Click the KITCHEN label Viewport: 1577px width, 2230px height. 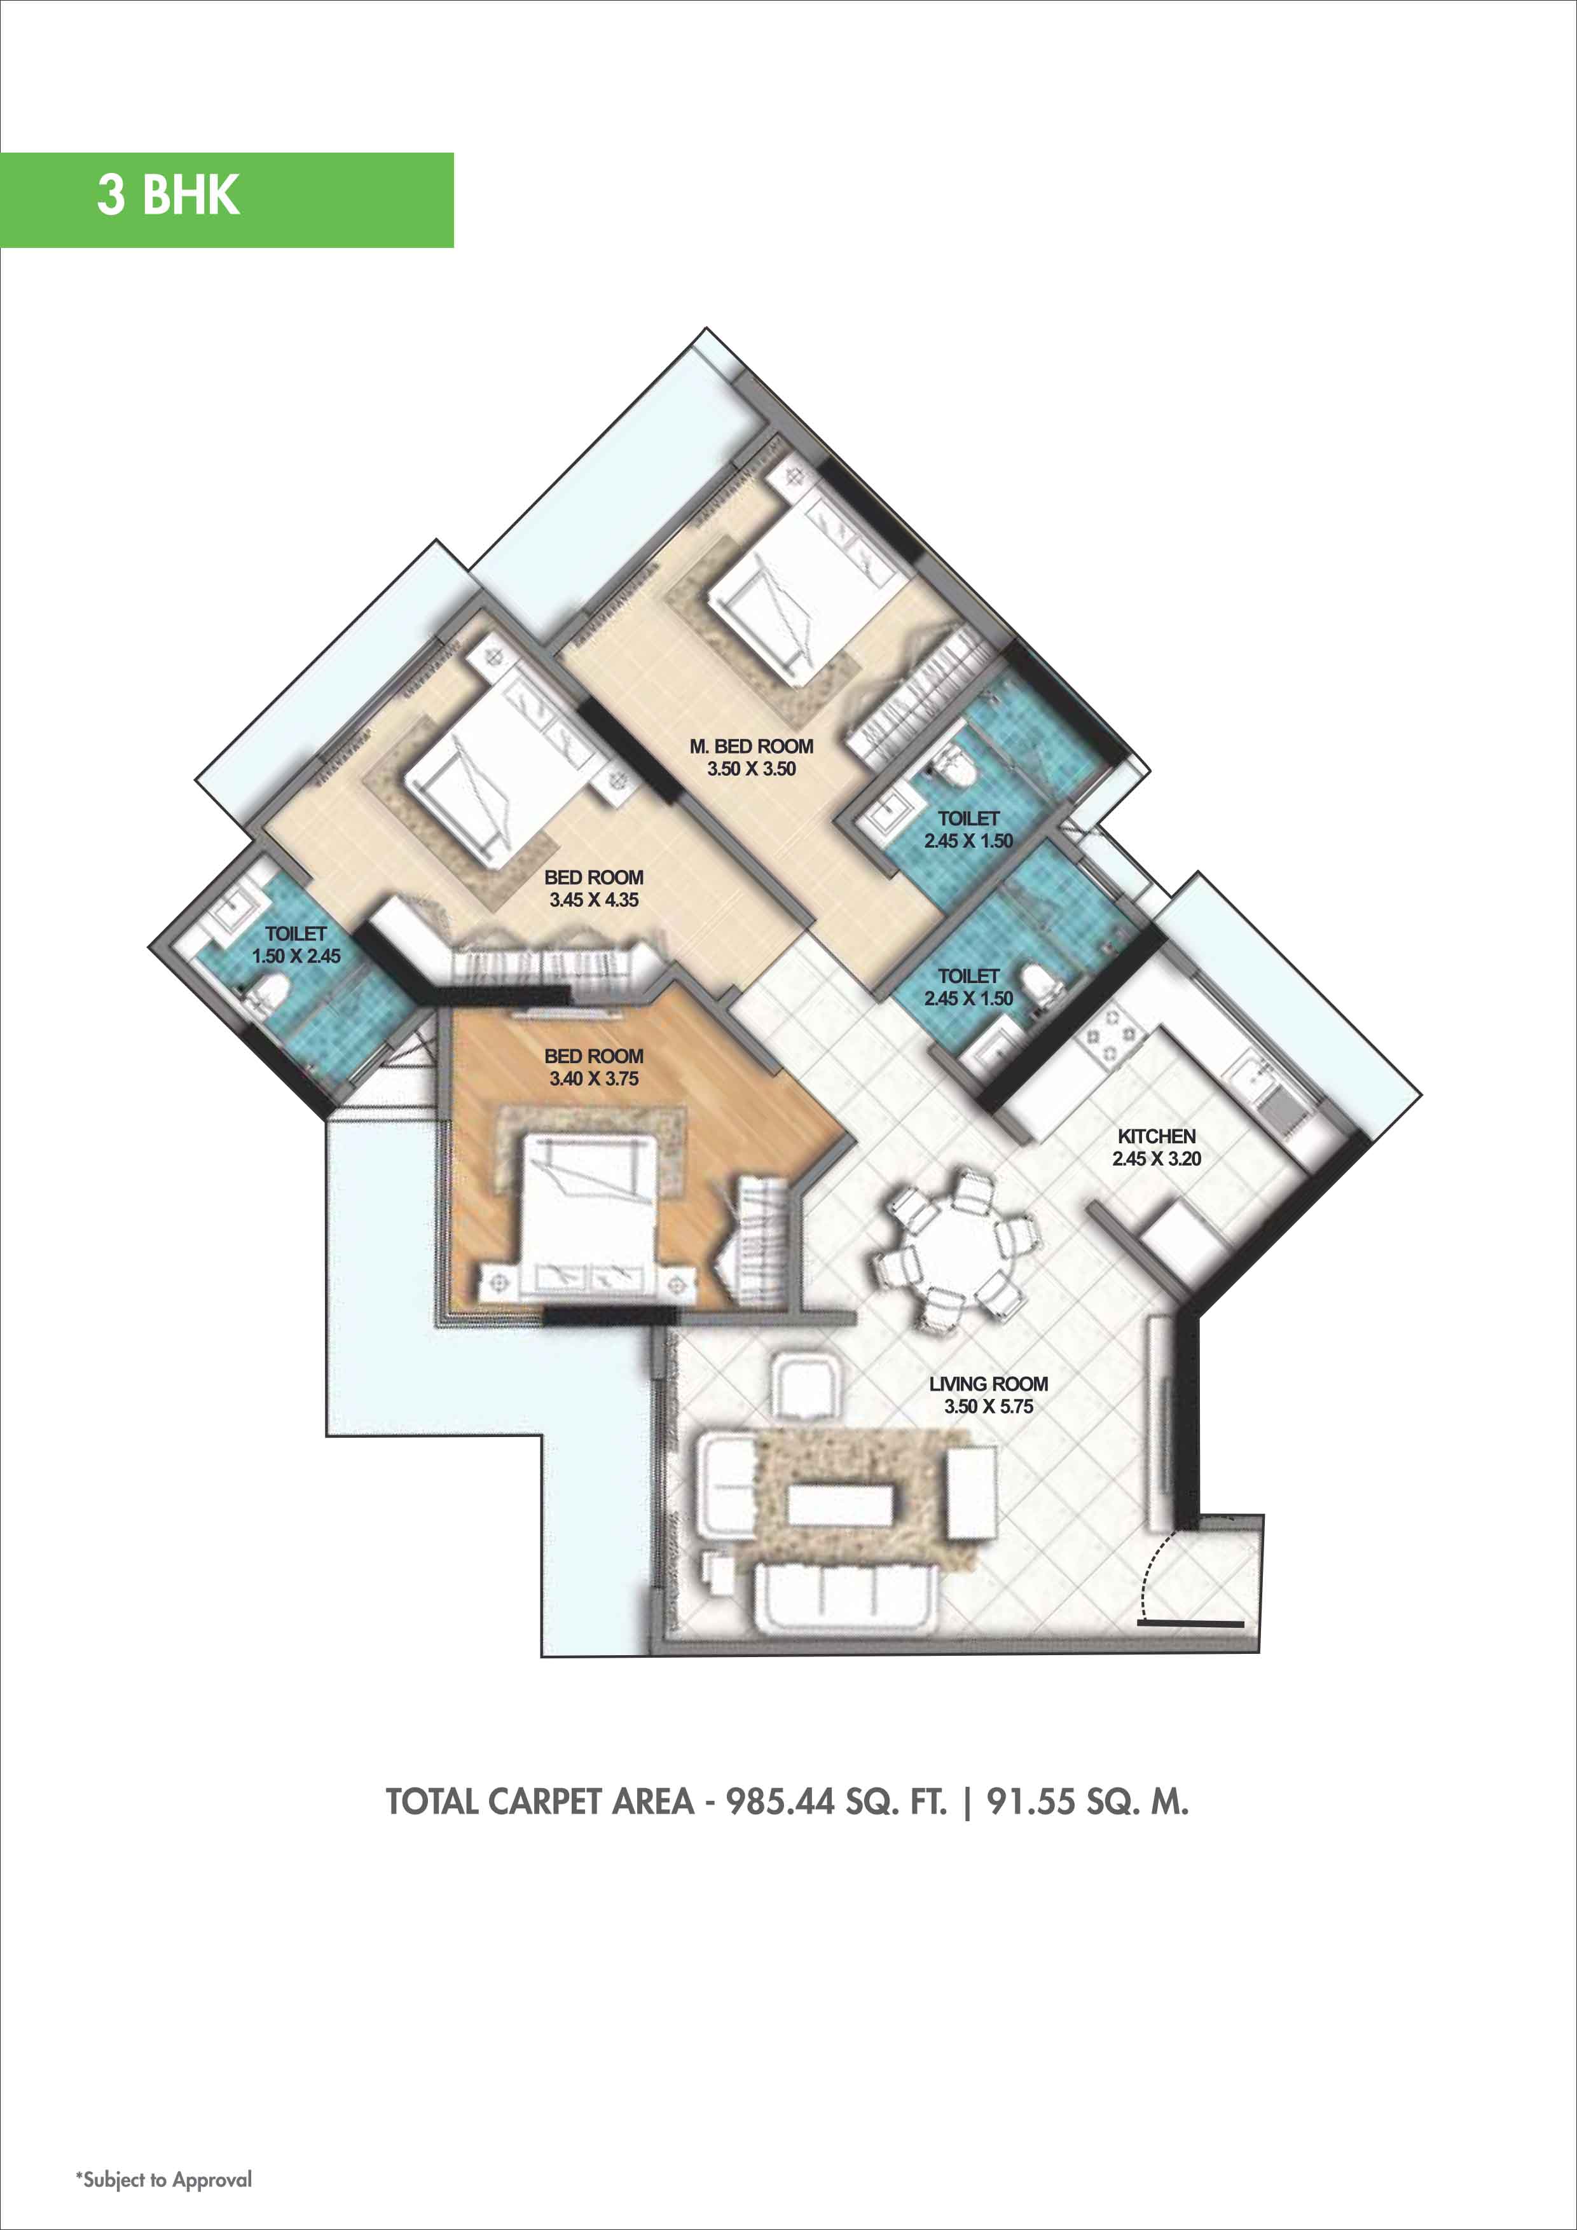click(x=1155, y=1136)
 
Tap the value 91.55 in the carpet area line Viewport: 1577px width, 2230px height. click(x=1031, y=1801)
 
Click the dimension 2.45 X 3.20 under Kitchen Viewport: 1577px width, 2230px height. click(x=1155, y=1158)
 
